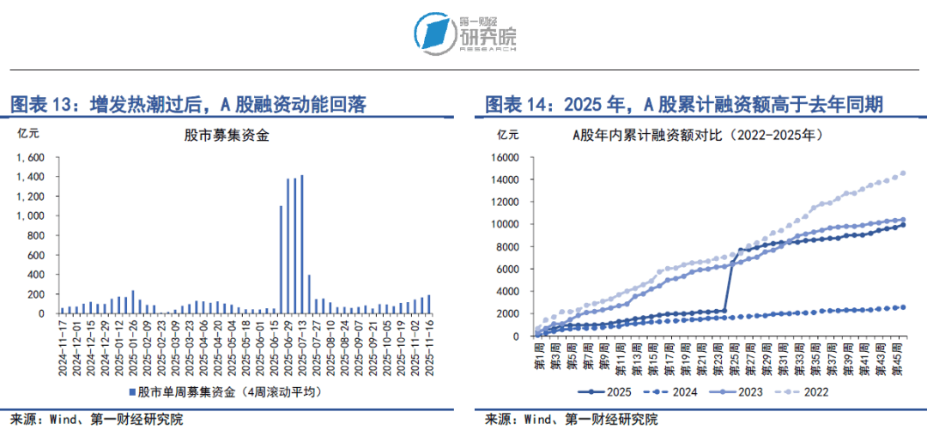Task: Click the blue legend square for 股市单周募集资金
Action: click(x=131, y=392)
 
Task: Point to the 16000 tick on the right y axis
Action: click(x=505, y=158)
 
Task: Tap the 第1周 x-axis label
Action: click(x=539, y=354)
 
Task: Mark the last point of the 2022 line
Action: click(x=902, y=173)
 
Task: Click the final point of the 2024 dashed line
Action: click(x=902, y=307)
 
